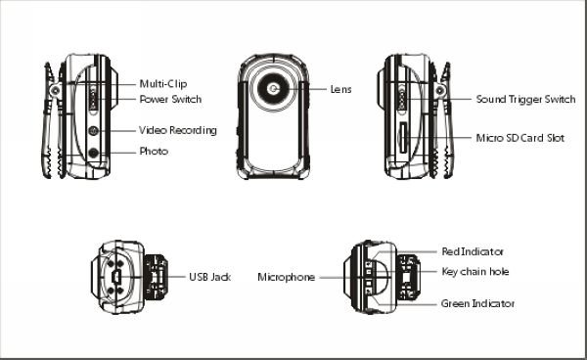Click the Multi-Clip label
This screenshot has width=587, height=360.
[162, 84]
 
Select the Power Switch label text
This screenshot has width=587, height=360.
[170, 99]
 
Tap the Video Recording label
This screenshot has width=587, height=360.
[178, 130]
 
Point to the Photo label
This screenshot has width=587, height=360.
[154, 152]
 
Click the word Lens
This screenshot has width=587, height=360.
[340, 89]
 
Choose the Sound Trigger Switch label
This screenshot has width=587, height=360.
[525, 99]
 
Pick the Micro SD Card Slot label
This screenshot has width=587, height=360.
[520, 138]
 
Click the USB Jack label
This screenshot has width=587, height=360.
[210, 277]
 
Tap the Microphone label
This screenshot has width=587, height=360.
[286, 277]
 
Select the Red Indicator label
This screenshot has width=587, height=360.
[473, 251]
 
